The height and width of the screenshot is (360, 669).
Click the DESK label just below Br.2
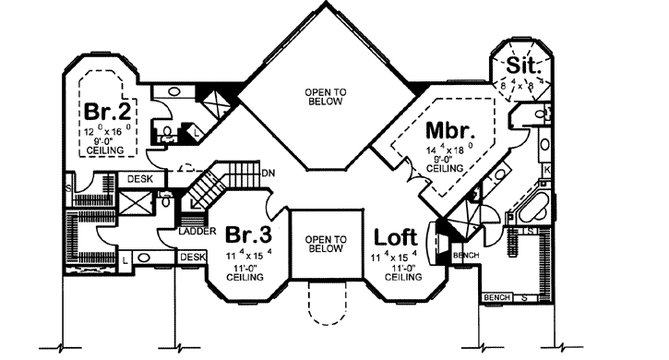pos(139,178)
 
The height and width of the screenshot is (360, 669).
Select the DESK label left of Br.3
pos(192,257)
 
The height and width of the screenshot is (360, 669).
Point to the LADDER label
pos(192,233)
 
